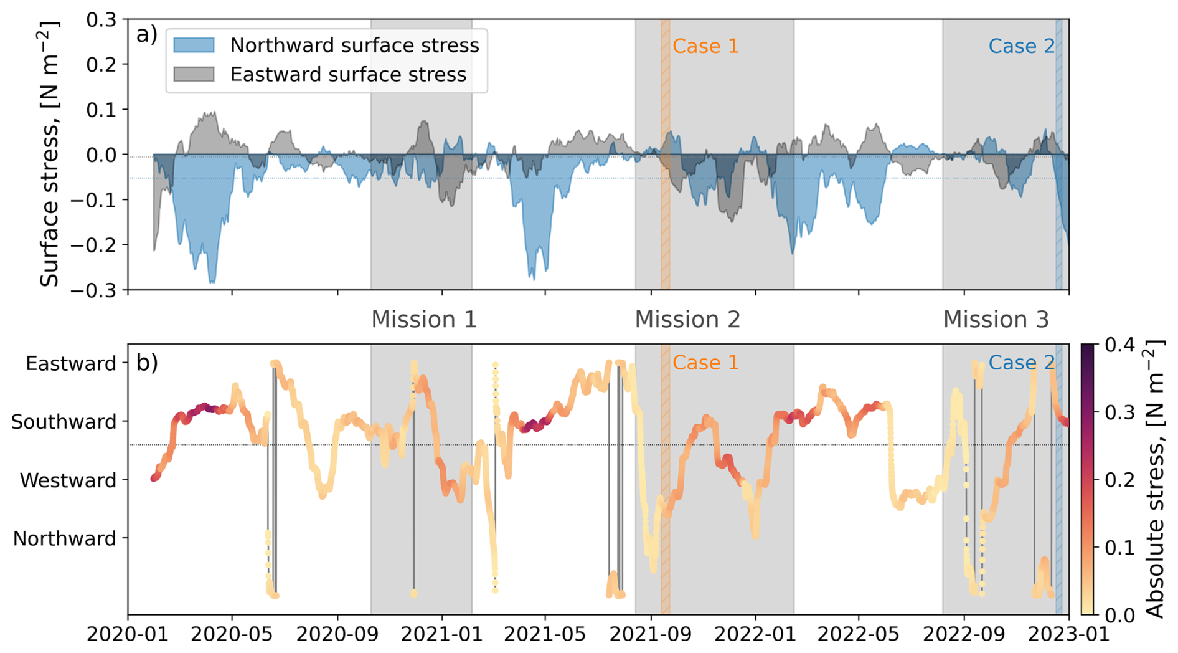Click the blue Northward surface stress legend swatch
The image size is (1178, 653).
(x=194, y=45)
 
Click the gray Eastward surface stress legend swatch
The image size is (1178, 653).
(x=194, y=74)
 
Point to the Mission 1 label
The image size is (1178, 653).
(x=424, y=320)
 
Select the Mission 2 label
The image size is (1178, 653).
(x=687, y=320)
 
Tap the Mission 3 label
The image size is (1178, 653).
(x=996, y=320)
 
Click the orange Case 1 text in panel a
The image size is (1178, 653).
(x=705, y=46)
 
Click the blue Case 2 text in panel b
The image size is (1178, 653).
(x=1021, y=363)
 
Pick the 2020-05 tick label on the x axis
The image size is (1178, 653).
(x=232, y=635)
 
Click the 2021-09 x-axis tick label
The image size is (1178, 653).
(x=651, y=635)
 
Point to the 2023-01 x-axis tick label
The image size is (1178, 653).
(x=1068, y=635)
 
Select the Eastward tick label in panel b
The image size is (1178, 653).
(x=71, y=364)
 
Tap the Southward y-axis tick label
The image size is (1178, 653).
(x=64, y=422)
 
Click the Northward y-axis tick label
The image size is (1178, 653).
(x=65, y=538)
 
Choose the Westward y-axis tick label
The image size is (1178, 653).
(x=68, y=480)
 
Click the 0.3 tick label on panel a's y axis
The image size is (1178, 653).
(x=101, y=20)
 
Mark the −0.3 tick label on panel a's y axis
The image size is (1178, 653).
(x=93, y=290)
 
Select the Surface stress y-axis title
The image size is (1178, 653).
(x=50, y=154)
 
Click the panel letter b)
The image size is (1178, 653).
(x=147, y=363)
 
